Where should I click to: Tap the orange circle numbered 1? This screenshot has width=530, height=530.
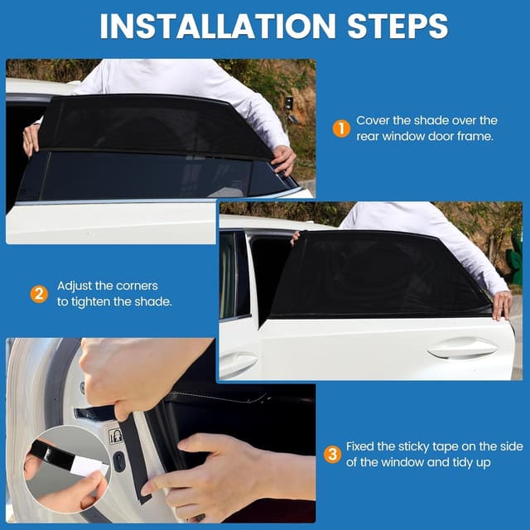click(x=340, y=128)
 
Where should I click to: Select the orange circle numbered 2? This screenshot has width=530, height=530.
click(x=38, y=293)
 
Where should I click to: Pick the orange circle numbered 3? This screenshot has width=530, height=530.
click(x=332, y=454)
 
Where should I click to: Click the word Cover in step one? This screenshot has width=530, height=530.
click(x=373, y=121)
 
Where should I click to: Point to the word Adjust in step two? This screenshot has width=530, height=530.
click(x=75, y=286)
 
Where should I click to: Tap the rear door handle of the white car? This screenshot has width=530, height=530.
click(x=461, y=349)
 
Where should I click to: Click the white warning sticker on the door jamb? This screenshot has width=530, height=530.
click(x=116, y=436)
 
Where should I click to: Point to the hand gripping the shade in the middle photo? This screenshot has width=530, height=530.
click(x=502, y=305)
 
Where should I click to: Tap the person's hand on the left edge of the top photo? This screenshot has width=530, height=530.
click(x=31, y=137)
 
